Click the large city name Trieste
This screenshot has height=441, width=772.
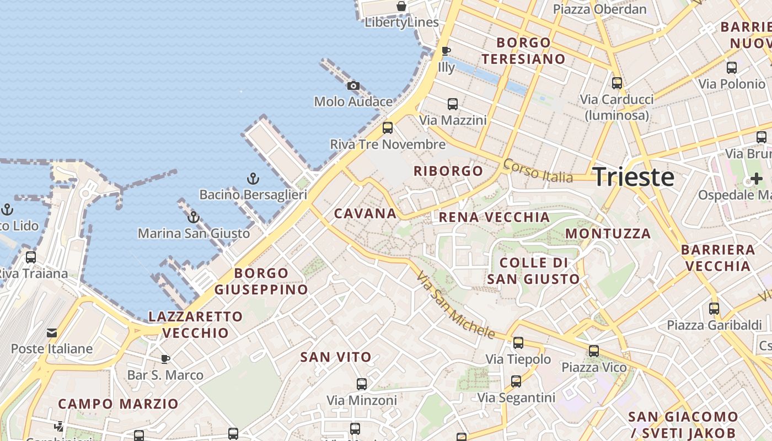pyautogui.click(x=634, y=177)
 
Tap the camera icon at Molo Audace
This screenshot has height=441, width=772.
pyautogui.click(x=353, y=85)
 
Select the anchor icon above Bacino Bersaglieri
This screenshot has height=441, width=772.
pyautogui.click(x=253, y=179)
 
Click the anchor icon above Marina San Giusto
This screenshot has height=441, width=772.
pyautogui.click(x=194, y=217)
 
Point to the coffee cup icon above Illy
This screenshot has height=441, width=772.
pyautogui.click(x=446, y=51)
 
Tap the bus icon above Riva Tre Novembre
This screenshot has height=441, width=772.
pyautogui.click(x=388, y=128)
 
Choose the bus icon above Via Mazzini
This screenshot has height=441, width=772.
pyautogui.click(x=453, y=104)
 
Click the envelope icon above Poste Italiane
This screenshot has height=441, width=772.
pyautogui.click(x=52, y=333)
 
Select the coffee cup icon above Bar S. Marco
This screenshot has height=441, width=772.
pyautogui.click(x=165, y=359)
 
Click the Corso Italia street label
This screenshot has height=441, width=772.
pyautogui.click(x=538, y=171)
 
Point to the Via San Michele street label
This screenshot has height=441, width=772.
pyautogui.click(x=455, y=305)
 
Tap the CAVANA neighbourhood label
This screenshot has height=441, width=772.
pyautogui.click(x=365, y=213)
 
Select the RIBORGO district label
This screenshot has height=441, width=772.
pyautogui.click(x=448, y=171)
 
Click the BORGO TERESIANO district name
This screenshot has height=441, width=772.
pyautogui.click(x=523, y=51)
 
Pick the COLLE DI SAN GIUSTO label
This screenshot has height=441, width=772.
pyautogui.click(x=533, y=271)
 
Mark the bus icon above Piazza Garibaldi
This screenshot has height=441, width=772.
pyautogui.click(x=714, y=309)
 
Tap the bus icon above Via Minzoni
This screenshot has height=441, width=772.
pyautogui.click(x=362, y=384)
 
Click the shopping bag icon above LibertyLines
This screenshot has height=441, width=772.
pyautogui.click(x=401, y=7)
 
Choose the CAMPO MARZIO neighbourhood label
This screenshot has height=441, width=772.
pyautogui.click(x=118, y=404)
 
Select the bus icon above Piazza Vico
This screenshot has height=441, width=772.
pyautogui.click(x=594, y=351)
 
